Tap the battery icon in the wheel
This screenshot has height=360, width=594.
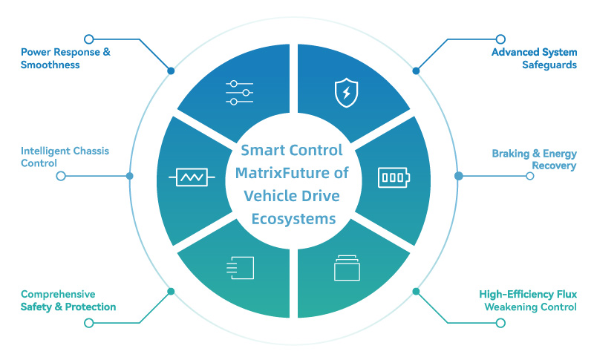[393, 177]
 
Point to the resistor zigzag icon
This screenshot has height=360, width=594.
[192, 177]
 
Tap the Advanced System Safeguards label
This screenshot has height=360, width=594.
[534, 59]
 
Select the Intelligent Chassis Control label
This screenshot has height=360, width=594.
[65, 157]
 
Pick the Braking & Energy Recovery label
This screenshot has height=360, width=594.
[534, 160]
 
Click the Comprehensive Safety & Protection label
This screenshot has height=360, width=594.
[68, 301]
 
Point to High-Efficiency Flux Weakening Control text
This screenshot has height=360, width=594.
[528, 301]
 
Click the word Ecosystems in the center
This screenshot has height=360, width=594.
[293, 219]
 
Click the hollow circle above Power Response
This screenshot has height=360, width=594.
[88, 38]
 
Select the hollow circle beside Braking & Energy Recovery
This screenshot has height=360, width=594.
[530, 177]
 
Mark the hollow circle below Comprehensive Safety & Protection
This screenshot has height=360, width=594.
[88, 323]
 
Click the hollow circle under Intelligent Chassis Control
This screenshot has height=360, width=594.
[61, 176]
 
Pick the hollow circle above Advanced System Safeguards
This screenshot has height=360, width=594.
[500, 38]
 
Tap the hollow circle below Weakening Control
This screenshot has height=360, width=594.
[500, 323]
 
